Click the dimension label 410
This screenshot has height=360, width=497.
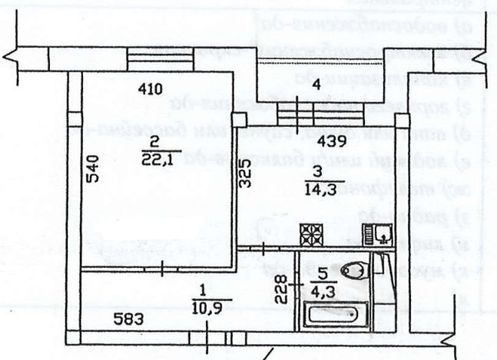151,89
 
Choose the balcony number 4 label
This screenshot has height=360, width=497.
316,84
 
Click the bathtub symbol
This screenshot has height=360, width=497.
336,315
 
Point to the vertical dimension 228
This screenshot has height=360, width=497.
282,289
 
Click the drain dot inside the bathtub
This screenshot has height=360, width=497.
352,314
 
